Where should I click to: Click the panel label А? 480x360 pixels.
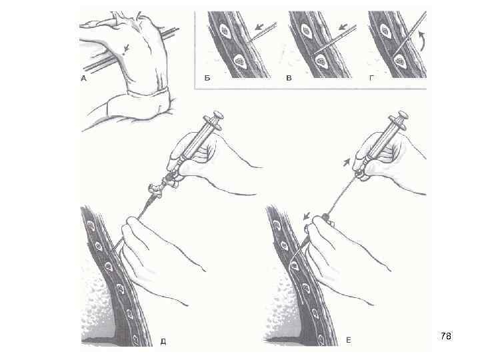click(x=84, y=79)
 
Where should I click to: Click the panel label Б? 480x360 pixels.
click(x=207, y=78)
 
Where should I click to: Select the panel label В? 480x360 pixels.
click(x=289, y=78)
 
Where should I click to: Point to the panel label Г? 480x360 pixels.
click(x=371, y=78)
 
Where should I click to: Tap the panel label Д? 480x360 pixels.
click(x=163, y=341)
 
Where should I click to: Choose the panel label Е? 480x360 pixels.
click(x=349, y=340)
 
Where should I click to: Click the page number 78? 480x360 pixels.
click(x=446, y=336)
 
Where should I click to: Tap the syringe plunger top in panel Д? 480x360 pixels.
click(x=218, y=116)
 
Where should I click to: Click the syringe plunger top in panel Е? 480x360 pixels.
click(x=403, y=115)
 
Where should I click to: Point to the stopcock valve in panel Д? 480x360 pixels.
click(x=156, y=190)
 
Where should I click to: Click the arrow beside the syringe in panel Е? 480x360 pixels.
click(x=345, y=162)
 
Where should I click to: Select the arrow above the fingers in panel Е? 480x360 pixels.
click(x=307, y=217)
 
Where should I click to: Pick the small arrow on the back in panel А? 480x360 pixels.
click(x=126, y=49)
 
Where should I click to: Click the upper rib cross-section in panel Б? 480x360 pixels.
click(x=225, y=31)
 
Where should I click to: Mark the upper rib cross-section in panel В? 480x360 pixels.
click(x=306, y=31)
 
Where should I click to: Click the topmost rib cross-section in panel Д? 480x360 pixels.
click(x=91, y=227)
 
